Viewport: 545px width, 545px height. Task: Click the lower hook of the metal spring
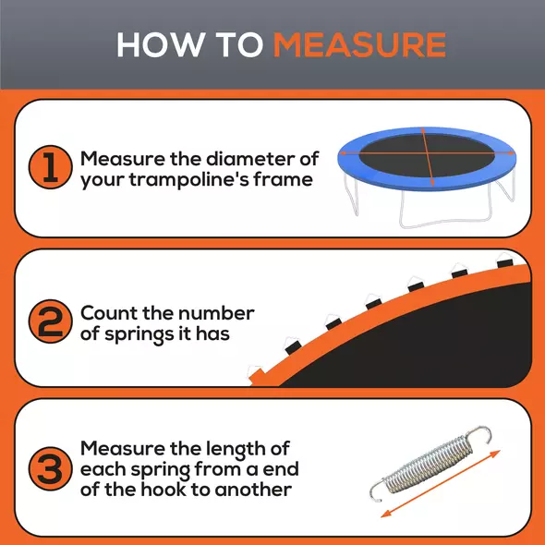pos(377,489)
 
